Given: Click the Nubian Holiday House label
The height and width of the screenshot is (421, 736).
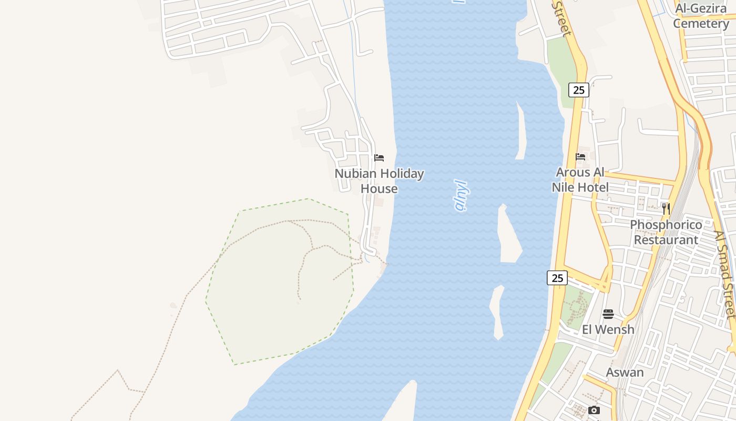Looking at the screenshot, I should click(x=379, y=181).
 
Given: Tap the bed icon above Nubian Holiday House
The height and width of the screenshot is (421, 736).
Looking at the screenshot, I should click(x=379, y=158).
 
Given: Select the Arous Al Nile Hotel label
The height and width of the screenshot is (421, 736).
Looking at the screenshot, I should click(x=580, y=180).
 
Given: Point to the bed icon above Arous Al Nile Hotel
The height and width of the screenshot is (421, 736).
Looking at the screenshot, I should click(x=580, y=157).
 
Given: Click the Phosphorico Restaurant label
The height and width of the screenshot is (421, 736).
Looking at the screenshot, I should click(x=666, y=232).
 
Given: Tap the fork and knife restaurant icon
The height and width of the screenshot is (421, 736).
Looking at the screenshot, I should click(x=666, y=209).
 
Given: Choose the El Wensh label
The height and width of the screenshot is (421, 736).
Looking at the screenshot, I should click(x=608, y=329).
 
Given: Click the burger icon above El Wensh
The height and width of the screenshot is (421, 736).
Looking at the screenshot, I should click(x=608, y=314).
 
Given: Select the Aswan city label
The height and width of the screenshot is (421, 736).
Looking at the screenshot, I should click(x=625, y=373).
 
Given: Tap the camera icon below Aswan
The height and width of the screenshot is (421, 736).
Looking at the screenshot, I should click(x=594, y=410).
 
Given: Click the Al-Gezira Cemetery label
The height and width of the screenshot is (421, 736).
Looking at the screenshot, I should click(x=701, y=16).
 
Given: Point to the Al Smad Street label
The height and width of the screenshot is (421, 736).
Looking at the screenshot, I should click(x=725, y=274).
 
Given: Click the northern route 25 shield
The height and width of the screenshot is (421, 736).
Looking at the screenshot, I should click(x=578, y=90).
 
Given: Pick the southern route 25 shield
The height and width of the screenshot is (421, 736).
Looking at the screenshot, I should click(x=557, y=278).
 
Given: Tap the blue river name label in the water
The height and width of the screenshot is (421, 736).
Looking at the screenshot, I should click(x=461, y=195).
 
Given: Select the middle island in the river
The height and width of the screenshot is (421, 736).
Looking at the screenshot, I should click(x=508, y=234).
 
